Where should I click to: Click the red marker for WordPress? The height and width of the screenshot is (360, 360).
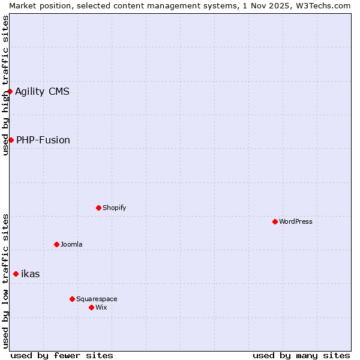coord(275,221)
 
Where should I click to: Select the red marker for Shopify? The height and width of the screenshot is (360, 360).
coord(99,208)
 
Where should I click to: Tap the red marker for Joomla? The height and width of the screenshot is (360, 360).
coord(57,244)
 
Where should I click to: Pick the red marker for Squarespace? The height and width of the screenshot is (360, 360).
coord(73,299)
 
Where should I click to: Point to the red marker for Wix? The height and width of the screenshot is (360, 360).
coord(92,307)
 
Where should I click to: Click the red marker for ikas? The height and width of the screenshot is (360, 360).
coord(16,274)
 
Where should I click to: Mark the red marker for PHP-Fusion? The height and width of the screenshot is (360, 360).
coord(11,140)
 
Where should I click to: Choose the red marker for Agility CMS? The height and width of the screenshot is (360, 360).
coord(10,91)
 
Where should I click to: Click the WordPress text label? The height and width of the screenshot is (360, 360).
coord(296,221)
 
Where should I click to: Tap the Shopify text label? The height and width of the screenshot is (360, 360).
coord(115,208)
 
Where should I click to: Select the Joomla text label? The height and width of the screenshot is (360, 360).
coord(71,244)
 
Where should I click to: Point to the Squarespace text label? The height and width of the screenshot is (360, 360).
coord(97,299)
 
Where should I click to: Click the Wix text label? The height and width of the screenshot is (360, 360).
coord(101,307)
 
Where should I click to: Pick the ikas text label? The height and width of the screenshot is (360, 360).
coord(31,274)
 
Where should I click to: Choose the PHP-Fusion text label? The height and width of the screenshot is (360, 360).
coord(43,140)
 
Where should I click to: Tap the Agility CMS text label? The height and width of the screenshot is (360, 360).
coord(42,91)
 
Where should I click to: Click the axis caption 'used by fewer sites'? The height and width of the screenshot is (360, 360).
coord(62,355)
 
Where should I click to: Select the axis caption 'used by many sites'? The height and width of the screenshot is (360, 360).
coord(301,355)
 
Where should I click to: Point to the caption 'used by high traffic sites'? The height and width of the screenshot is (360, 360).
coord(5,85)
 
